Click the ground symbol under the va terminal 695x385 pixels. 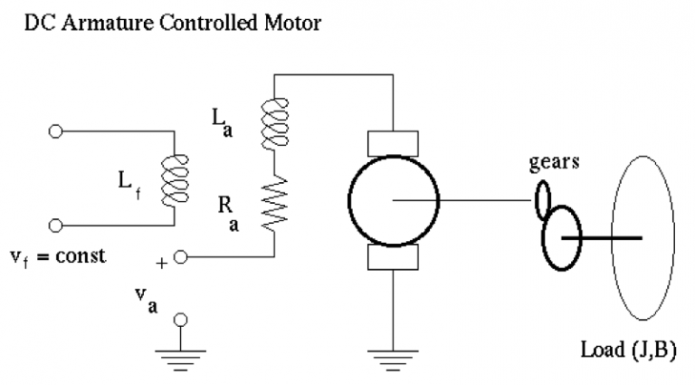tap(181, 354)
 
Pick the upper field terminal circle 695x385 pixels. tap(56, 131)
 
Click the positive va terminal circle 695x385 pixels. tap(181, 257)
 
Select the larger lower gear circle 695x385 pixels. tap(563, 237)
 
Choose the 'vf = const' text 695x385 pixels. tap(60, 255)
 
